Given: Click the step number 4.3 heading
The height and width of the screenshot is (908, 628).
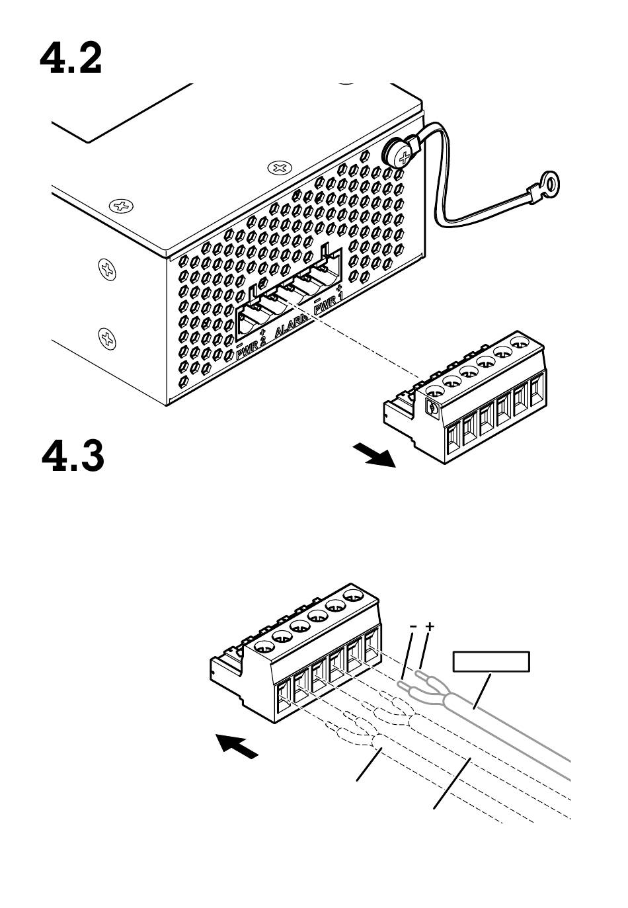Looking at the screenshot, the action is tap(73, 457).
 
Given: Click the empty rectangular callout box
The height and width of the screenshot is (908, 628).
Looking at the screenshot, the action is tap(491, 661).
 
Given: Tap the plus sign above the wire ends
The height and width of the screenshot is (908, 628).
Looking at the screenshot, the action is tap(430, 626).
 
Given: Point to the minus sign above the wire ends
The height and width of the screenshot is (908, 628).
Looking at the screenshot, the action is tap(413, 626).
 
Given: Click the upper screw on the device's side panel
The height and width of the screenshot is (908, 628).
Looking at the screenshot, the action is tap(107, 268).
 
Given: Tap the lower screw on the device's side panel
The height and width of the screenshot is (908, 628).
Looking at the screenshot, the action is tap(107, 338).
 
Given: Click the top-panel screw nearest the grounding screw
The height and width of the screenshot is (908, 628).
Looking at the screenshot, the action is tap(280, 167).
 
